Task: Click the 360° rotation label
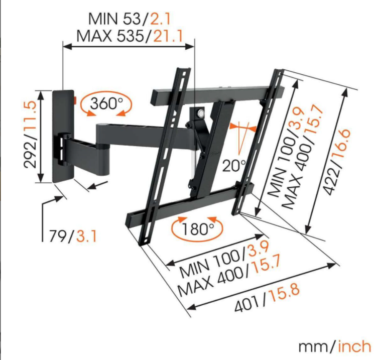pos(106,104)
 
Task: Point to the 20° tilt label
pos(234,166)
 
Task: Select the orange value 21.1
pos(168,36)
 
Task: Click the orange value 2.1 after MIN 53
pos(160,19)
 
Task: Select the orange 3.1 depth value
pos(86,236)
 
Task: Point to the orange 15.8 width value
pos(284,294)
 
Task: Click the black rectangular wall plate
pos(63,136)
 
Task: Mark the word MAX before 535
pos(94,36)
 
